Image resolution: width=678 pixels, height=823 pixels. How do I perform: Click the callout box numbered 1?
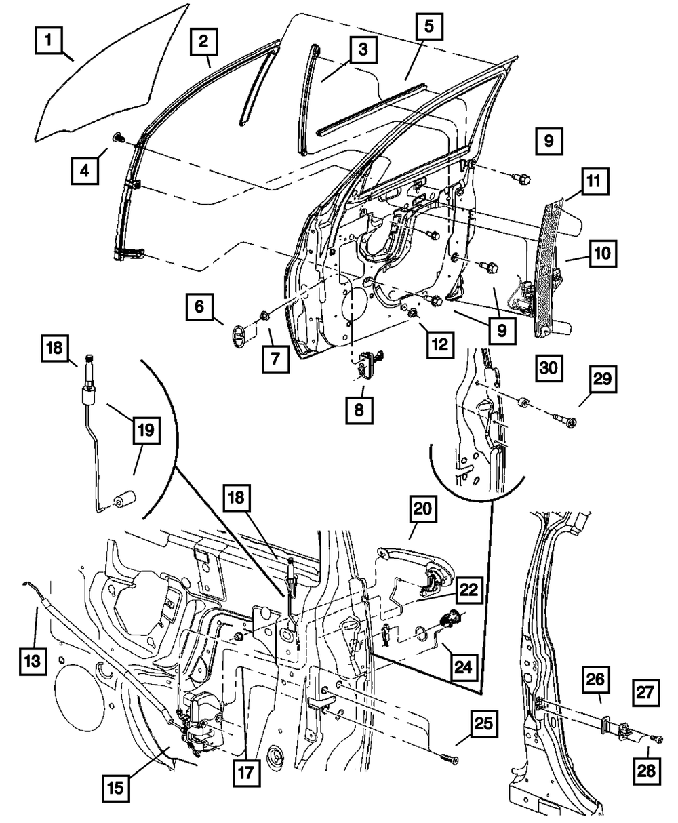(x=49, y=41)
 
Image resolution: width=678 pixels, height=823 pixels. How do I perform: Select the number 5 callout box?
(x=428, y=28)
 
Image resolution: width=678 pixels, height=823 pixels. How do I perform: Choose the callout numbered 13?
(x=32, y=659)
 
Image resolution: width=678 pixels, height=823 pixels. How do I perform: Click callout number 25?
(x=483, y=729)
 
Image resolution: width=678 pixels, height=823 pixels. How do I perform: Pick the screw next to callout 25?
(x=448, y=757)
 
